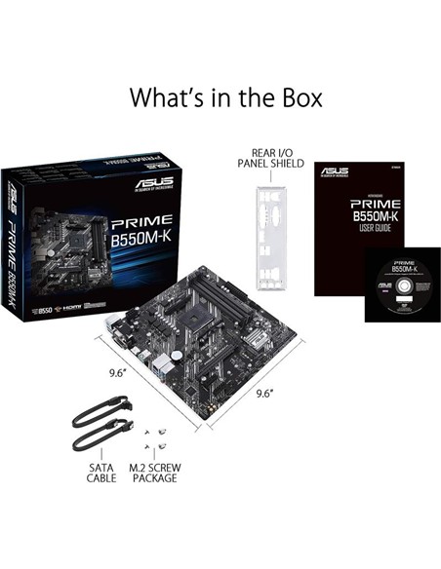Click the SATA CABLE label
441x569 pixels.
101,473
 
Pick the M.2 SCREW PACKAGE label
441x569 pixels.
154,473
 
